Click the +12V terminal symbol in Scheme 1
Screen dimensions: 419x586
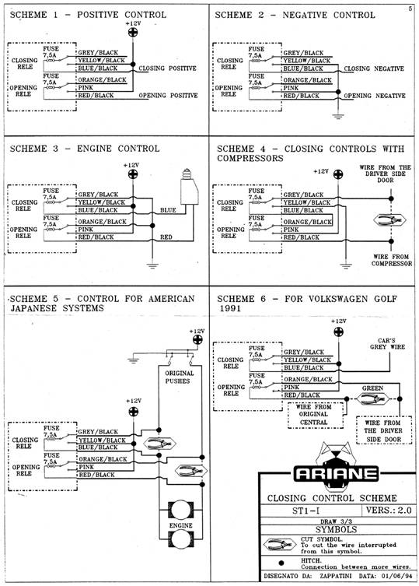133,33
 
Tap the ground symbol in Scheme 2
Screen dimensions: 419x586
338,116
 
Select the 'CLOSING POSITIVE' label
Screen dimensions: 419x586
167,68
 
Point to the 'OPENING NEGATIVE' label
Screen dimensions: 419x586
374,96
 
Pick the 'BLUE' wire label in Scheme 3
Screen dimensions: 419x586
168,210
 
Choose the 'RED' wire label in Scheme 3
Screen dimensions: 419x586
166,237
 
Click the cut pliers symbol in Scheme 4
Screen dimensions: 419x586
389,220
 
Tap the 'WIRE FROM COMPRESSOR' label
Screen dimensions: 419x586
391,260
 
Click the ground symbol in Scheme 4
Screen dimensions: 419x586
346,266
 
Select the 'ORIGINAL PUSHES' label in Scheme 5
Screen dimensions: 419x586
180,377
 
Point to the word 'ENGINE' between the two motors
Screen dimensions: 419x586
181,525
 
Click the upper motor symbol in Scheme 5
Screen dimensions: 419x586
181,510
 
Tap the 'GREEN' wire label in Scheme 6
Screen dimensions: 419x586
372,388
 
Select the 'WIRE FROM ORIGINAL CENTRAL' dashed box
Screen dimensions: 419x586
316,415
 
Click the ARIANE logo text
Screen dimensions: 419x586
336,474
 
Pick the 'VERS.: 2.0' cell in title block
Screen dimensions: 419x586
389,511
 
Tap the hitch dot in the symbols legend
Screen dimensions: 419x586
281,563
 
